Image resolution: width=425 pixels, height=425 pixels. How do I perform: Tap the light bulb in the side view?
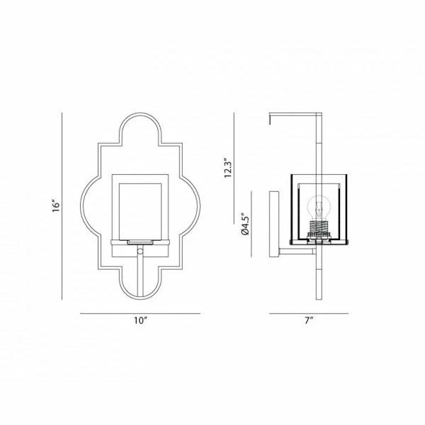[x=320, y=209]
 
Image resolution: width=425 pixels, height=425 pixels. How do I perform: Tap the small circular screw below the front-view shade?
[x=140, y=251]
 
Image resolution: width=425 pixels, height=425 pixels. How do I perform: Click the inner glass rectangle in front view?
[x=140, y=210]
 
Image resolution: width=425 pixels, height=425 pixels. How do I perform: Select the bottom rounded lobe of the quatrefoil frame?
[x=140, y=287]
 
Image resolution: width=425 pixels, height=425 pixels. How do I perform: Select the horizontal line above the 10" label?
[x=140, y=312]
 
